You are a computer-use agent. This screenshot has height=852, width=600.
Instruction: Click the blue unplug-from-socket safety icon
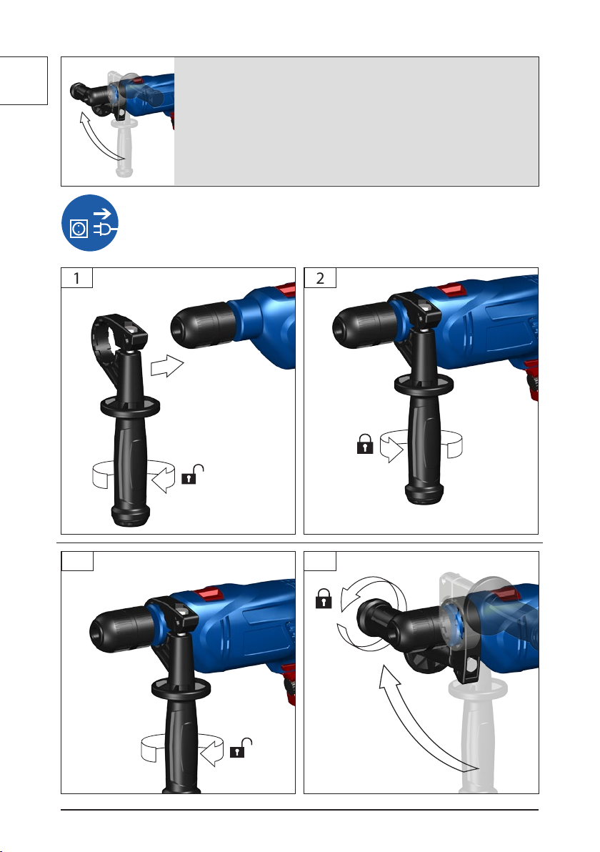coord(89,223)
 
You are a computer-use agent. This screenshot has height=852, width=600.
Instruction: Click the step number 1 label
coord(76,278)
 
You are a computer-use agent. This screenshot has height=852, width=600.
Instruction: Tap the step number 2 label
coord(320,278)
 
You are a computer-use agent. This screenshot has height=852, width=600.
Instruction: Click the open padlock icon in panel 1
coord(192,475)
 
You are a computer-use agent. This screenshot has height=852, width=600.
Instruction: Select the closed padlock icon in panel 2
coord(365,443)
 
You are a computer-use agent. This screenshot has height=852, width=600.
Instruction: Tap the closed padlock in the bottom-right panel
coord(324,598)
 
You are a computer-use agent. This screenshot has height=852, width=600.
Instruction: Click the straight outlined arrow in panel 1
coord(167,366)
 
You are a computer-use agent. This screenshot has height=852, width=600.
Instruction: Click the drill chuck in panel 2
coord(364,325)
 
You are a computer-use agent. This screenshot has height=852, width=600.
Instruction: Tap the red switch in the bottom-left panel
coord(209,593)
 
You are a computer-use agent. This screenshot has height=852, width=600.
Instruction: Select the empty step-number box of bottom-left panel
coord(77,561)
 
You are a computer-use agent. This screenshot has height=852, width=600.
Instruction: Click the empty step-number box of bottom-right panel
coord(320,561)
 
